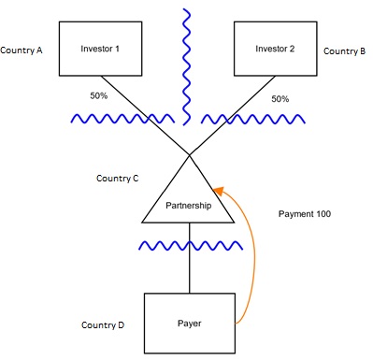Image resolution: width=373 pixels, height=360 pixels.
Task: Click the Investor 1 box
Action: click(x=100, y=49)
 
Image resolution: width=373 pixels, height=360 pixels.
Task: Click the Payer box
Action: click(x=190, y=323)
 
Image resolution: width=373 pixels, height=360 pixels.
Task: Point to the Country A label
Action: click(x=22, y=50)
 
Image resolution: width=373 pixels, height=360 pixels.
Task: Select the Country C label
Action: click(x=118, y=177)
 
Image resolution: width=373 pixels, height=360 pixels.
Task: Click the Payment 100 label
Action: click(x=304, y=214)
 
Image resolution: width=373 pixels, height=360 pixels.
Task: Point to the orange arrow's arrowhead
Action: click(x=218, y=187)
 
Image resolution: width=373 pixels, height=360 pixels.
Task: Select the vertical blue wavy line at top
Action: click(x=187, y=65)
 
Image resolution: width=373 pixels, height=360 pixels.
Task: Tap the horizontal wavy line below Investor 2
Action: click(x=253, y=120)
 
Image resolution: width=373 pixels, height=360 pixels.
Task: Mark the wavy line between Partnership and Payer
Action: click(x=191, y=246)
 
